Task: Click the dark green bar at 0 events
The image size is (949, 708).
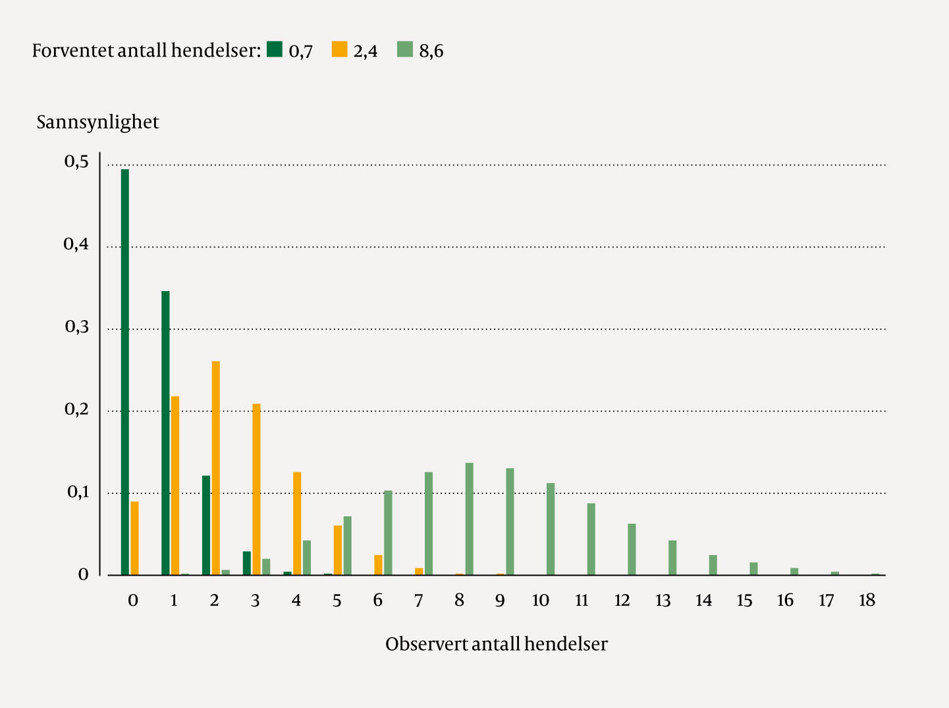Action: click(125, 372)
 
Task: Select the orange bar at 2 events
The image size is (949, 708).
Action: click(215, 468)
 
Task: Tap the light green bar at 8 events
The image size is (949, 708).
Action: click(470, 519)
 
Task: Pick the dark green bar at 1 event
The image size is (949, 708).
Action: click(165, 433)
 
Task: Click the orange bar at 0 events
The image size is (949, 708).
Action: click(134, 538)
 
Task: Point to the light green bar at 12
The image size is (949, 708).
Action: click(632, 549)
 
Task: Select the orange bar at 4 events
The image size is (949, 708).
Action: click(297, 524)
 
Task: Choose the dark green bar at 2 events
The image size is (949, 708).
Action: click(206, 525)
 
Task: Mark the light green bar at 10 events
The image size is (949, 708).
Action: click(551, 529)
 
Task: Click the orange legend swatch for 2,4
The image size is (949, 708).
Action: click(339, 49)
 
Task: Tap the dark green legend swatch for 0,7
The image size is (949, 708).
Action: click(275, 49)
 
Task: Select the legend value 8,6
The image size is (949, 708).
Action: click(431, 51)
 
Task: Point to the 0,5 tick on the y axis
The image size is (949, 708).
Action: click(76, 162)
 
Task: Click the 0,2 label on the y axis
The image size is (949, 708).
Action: click(76, 410)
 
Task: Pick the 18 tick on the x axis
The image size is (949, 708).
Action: click(867, 600)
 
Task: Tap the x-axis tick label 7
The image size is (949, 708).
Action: click(418, 600)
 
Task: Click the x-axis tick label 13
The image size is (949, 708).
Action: click(663, 600)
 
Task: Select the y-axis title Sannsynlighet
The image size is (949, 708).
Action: click(97, 123)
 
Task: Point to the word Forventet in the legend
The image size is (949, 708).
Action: click(72, 51)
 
